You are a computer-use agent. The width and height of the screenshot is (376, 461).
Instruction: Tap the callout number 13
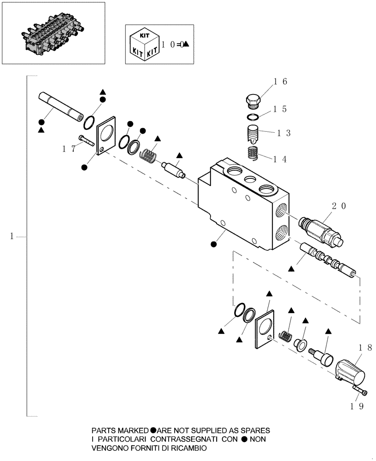(283, 133)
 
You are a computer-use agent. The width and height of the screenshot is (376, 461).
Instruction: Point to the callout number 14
(280, 159)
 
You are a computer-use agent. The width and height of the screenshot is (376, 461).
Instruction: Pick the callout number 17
(69, 148)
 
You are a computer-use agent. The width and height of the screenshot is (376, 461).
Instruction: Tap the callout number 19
(358, 406)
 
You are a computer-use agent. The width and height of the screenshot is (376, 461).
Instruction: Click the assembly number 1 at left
(12, 237)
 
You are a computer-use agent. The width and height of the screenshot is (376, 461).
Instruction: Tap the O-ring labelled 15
(252, 117)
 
